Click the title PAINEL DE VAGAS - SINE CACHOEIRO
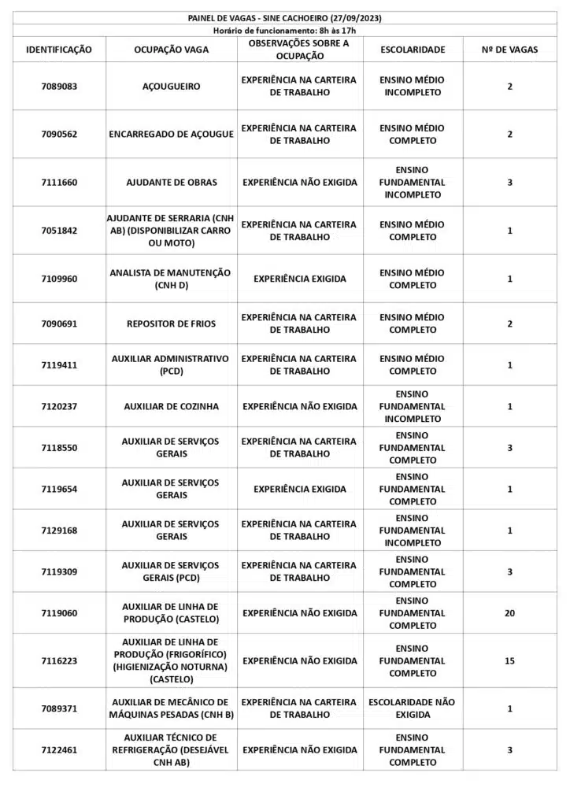pyautogui.click(x=285, y=17)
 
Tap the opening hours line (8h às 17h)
pyautogui.click(x=285, y=30)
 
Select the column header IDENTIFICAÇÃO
pyautogui.click(x=59, y=50)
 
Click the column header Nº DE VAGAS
pyautogui.click(x=509, y=50)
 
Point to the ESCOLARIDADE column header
pyautogui.click(x=413, y=50)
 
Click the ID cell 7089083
pyautogui.click(x=59, y=87)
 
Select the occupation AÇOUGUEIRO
pyautogui.click(x=171, y=87)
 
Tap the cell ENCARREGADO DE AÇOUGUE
pyautogui.click(x=171, y=135)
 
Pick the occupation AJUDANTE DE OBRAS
pyautogui.click(x=171, y=183)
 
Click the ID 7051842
pyautogui.click(x=59, y=231)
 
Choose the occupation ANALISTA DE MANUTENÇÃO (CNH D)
pyautogui.click(x=171, y=279)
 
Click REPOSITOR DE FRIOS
pyautogui.click(x=171, y=324)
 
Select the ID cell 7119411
pyautogui.click(x=59, y=365)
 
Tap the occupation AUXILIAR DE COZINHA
pyautogui.click(x=171, y=407)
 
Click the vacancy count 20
pyautogui.click(x=509, y=613)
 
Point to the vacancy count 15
pyautogui.click(x=509, y=661)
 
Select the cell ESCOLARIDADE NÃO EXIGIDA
pyautogui.click(x=413, y=708)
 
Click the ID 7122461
pyautogui.click(x=59, y=750)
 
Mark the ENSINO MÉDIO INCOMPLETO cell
pyautogui.click(x=413, y=87)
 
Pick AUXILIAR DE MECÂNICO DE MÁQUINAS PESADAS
pyautogui.click(x=171, y=708)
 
